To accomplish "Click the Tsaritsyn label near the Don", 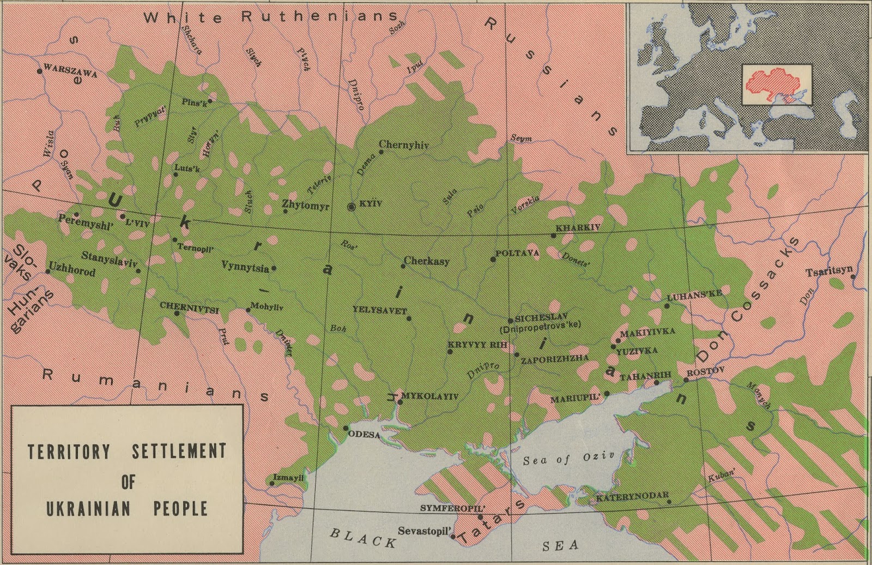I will (x=828, y=272).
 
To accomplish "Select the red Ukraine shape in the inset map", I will (x=773, y=85).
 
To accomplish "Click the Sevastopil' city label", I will (x=425, y=530).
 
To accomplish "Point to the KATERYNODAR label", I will (x=632, y=497).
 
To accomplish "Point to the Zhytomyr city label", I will (x=306, y=206).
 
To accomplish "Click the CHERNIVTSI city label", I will (x=189, y=306).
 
